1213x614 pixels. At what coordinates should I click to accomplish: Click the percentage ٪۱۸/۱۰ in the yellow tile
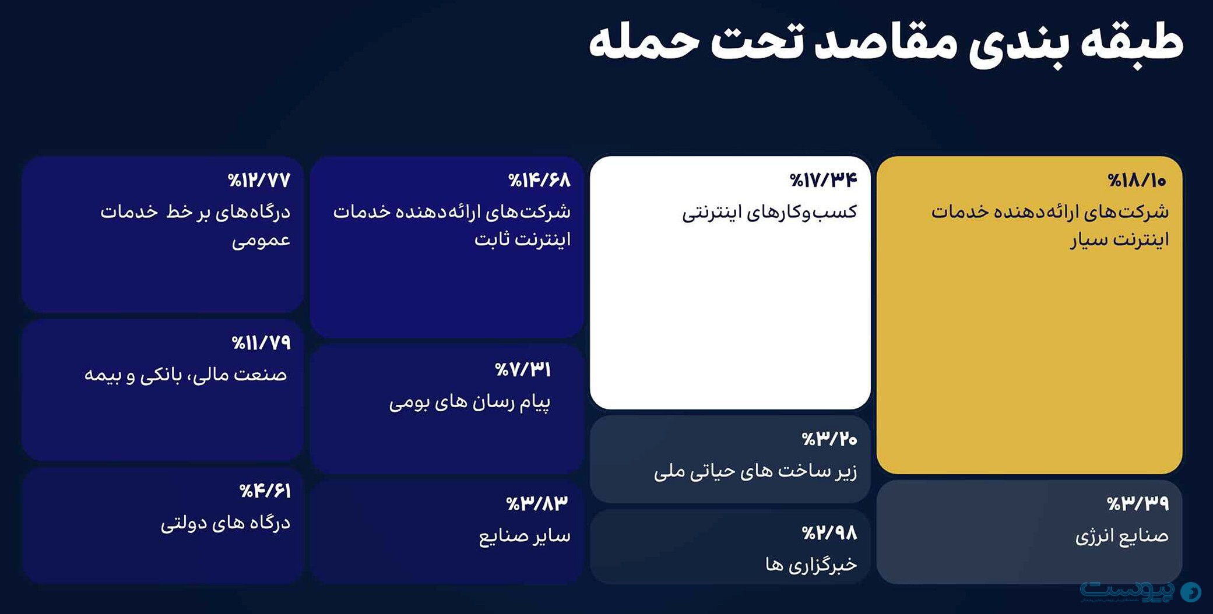pyautogui.click(x=1137, y=181)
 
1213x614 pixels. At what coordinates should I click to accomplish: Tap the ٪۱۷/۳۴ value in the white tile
pyautogui.click(x=823, y=181)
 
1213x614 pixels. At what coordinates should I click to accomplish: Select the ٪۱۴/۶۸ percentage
pyautogui.click(x=539, y=181)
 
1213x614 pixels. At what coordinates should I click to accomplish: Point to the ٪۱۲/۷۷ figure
pyautogui.click(x=259, y=181)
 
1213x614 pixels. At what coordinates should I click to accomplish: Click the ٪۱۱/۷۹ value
pyautogui.click(x=261, y=343)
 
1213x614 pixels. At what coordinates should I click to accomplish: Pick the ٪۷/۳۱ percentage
pyautogui.click(x=522, y=369)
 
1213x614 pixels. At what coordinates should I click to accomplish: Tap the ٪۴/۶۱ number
pyautogui.click(x=265, y=491)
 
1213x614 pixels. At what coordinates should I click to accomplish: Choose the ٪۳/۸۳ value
pyautogui.click(x=536, y=503)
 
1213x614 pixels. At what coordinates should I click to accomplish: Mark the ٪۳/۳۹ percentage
pyautogui.click(x=1137, y=503)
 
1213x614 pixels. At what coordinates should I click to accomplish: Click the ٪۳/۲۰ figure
pyautogui.click(x=829, y=439)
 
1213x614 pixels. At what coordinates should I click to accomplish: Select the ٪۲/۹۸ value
pyautogui.click(x=829, y=533)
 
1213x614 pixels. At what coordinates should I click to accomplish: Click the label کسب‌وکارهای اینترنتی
pyautogui.click(x=769, y=212)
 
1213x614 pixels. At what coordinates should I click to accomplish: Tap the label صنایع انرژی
pyautogui.click(x=1121, y=536)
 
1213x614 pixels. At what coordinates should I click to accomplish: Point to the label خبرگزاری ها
pyautogui.click(x=811, y=564)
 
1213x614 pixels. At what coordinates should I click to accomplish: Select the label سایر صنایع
pyautogui.click(x=525, y=536)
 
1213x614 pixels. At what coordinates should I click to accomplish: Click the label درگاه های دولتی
pyautogui.click(x=225, y=523)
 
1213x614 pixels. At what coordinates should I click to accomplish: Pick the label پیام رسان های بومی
pyautogui.click(x=469, y=402)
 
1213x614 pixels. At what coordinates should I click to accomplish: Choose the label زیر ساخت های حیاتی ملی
pyautogui.click(x=755, y=471)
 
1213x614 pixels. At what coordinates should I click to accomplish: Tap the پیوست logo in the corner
pyautogui.click(x=1140, y=592)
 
